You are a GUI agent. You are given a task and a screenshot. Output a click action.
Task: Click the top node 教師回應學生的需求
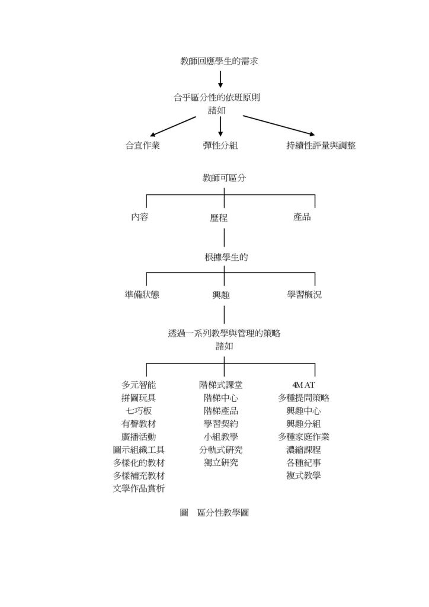coord(219,61)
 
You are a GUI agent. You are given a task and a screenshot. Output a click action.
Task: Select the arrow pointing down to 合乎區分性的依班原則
coord(220,79)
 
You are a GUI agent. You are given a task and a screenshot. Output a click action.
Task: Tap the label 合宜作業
coord(142,146)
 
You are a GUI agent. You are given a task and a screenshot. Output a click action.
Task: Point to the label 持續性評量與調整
coord(321,146)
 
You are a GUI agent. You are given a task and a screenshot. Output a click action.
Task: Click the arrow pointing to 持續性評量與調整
coord(278,125)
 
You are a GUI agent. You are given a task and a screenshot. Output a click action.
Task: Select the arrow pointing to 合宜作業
coord(172,126)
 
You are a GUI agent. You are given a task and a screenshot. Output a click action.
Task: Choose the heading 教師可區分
coord(224,178)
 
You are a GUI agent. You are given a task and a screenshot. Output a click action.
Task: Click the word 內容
coord(140,217)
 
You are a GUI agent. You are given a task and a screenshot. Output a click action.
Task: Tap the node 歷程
coord(219,218)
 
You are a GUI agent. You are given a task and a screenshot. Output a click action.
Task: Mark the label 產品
coord(302,217)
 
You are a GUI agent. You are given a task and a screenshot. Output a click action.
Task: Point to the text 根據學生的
coord(225,257)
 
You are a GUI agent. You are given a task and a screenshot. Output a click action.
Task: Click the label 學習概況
coord(305,295)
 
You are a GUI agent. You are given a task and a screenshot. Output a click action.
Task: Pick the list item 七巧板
coord(139,411)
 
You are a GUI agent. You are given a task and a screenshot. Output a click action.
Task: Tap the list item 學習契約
coord(220,424)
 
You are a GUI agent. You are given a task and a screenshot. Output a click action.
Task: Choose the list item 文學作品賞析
coord(139,488)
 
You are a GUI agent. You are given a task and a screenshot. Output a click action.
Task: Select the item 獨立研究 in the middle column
coord(220,462)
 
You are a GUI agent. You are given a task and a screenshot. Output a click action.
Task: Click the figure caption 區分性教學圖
coord(223,513)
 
